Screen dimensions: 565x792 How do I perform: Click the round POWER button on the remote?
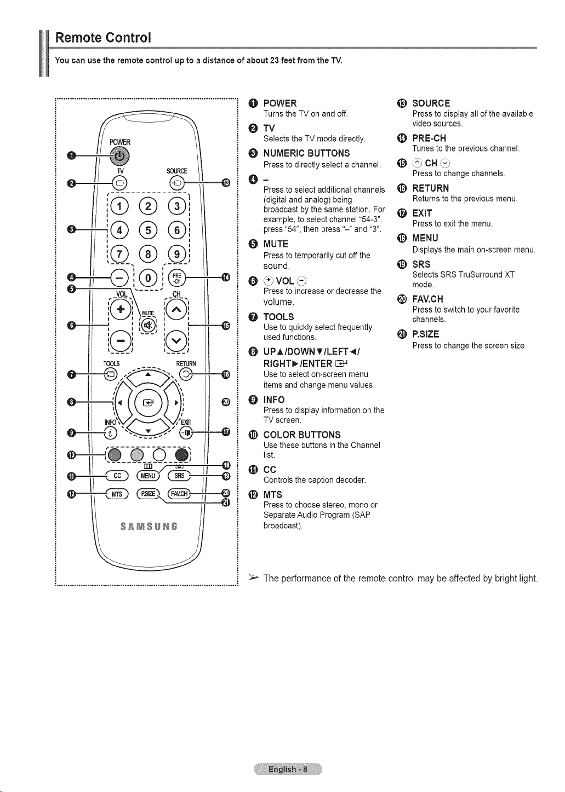[x=119, y=156]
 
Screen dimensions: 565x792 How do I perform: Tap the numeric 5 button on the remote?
[x=148, y=230]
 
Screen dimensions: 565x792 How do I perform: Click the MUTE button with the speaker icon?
[x=149, y=325]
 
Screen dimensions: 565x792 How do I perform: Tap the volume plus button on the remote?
[x=121, y=309]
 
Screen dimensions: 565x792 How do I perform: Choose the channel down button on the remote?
[x=176, y=340]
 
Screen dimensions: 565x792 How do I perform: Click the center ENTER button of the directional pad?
[x=149, y=402]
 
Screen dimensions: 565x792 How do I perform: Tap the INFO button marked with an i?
[x=111, y=432]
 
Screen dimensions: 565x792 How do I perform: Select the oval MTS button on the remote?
[x=117, y=494]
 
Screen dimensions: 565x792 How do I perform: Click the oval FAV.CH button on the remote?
[x=179, y=494]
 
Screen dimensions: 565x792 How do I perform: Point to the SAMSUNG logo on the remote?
[x=149, y=527]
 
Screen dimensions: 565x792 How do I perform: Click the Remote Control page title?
[x=103, y=37]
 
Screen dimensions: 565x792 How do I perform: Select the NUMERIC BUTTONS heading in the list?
[x=306, y=153]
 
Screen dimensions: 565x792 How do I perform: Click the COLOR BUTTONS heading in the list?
[x=302, y=435]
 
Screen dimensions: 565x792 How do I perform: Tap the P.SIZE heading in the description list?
[x=425, y=334]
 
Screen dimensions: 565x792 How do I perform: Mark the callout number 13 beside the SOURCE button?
[x=225, y=183]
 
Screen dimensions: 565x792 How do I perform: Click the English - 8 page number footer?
[x=288, y=769]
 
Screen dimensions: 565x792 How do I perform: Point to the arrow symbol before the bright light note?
[x=254, y=578]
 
